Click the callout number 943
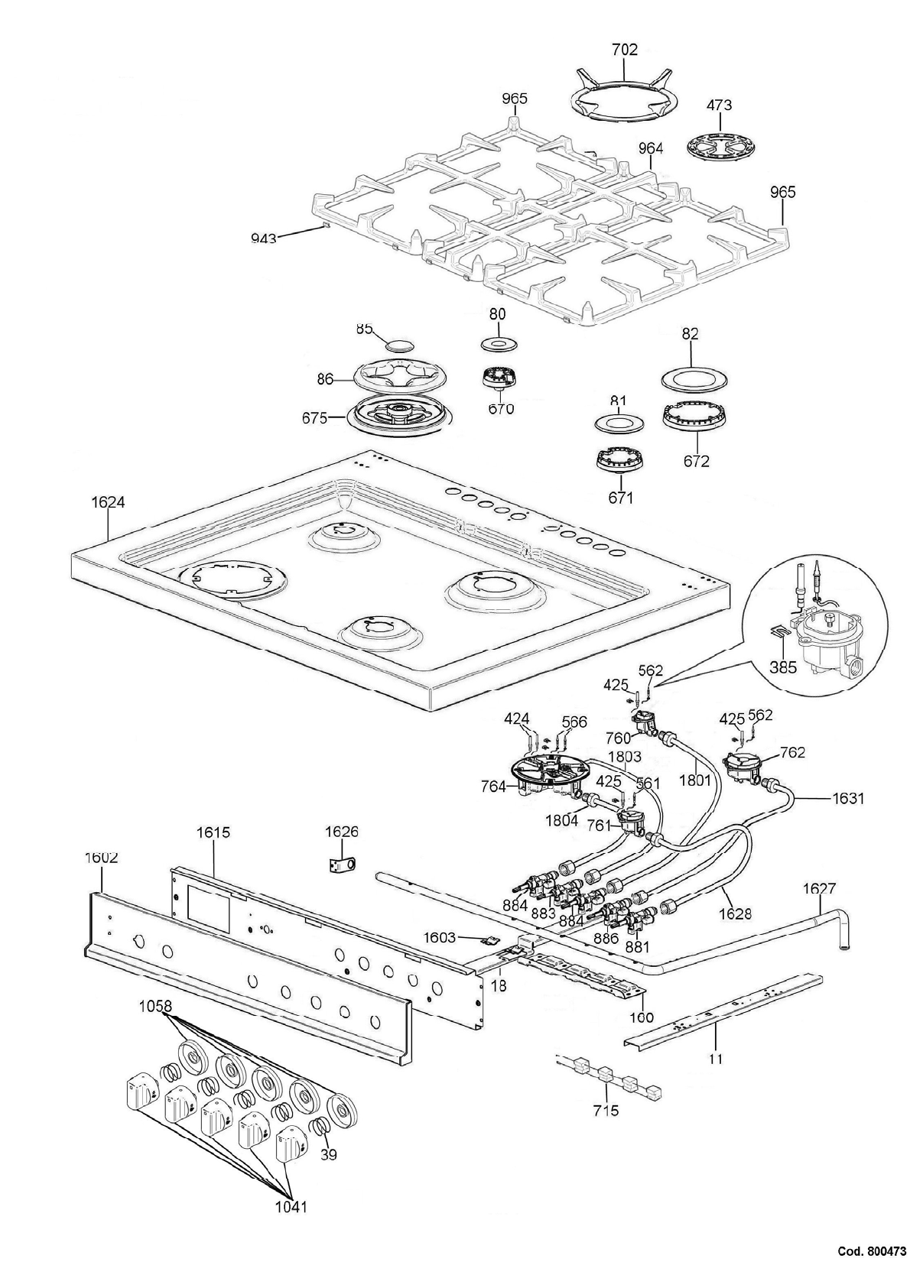point(264,238)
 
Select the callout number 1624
point(107,502)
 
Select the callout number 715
point(604,1110)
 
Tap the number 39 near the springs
point(328,1155)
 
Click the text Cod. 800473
point(872,1251)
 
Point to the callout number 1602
point(101,858)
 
